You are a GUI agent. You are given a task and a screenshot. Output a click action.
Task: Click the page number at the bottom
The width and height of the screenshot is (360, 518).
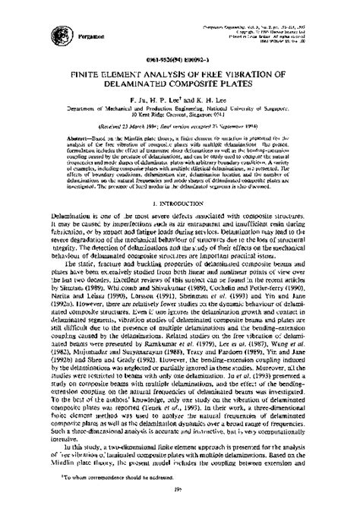[180, 501]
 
